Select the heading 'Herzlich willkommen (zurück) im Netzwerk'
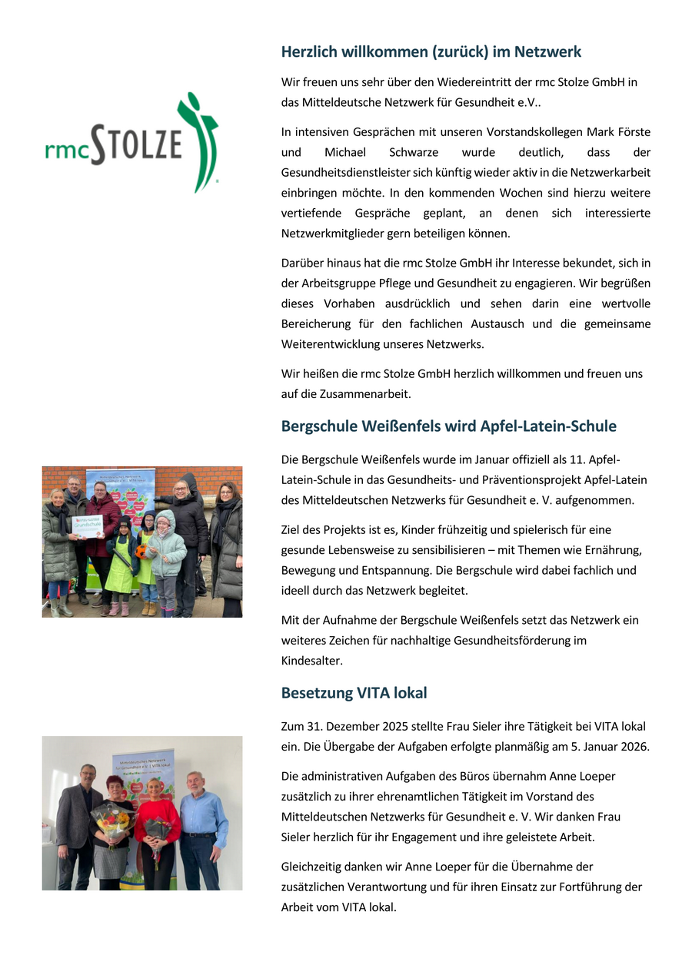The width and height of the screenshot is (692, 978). (431, 52)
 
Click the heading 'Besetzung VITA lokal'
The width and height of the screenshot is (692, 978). (354, 693)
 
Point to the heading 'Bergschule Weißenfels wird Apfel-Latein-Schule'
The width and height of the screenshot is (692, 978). (448, 426)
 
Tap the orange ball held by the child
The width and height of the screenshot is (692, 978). (141, 551)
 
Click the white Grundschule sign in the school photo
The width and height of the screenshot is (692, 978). (87, 525)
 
